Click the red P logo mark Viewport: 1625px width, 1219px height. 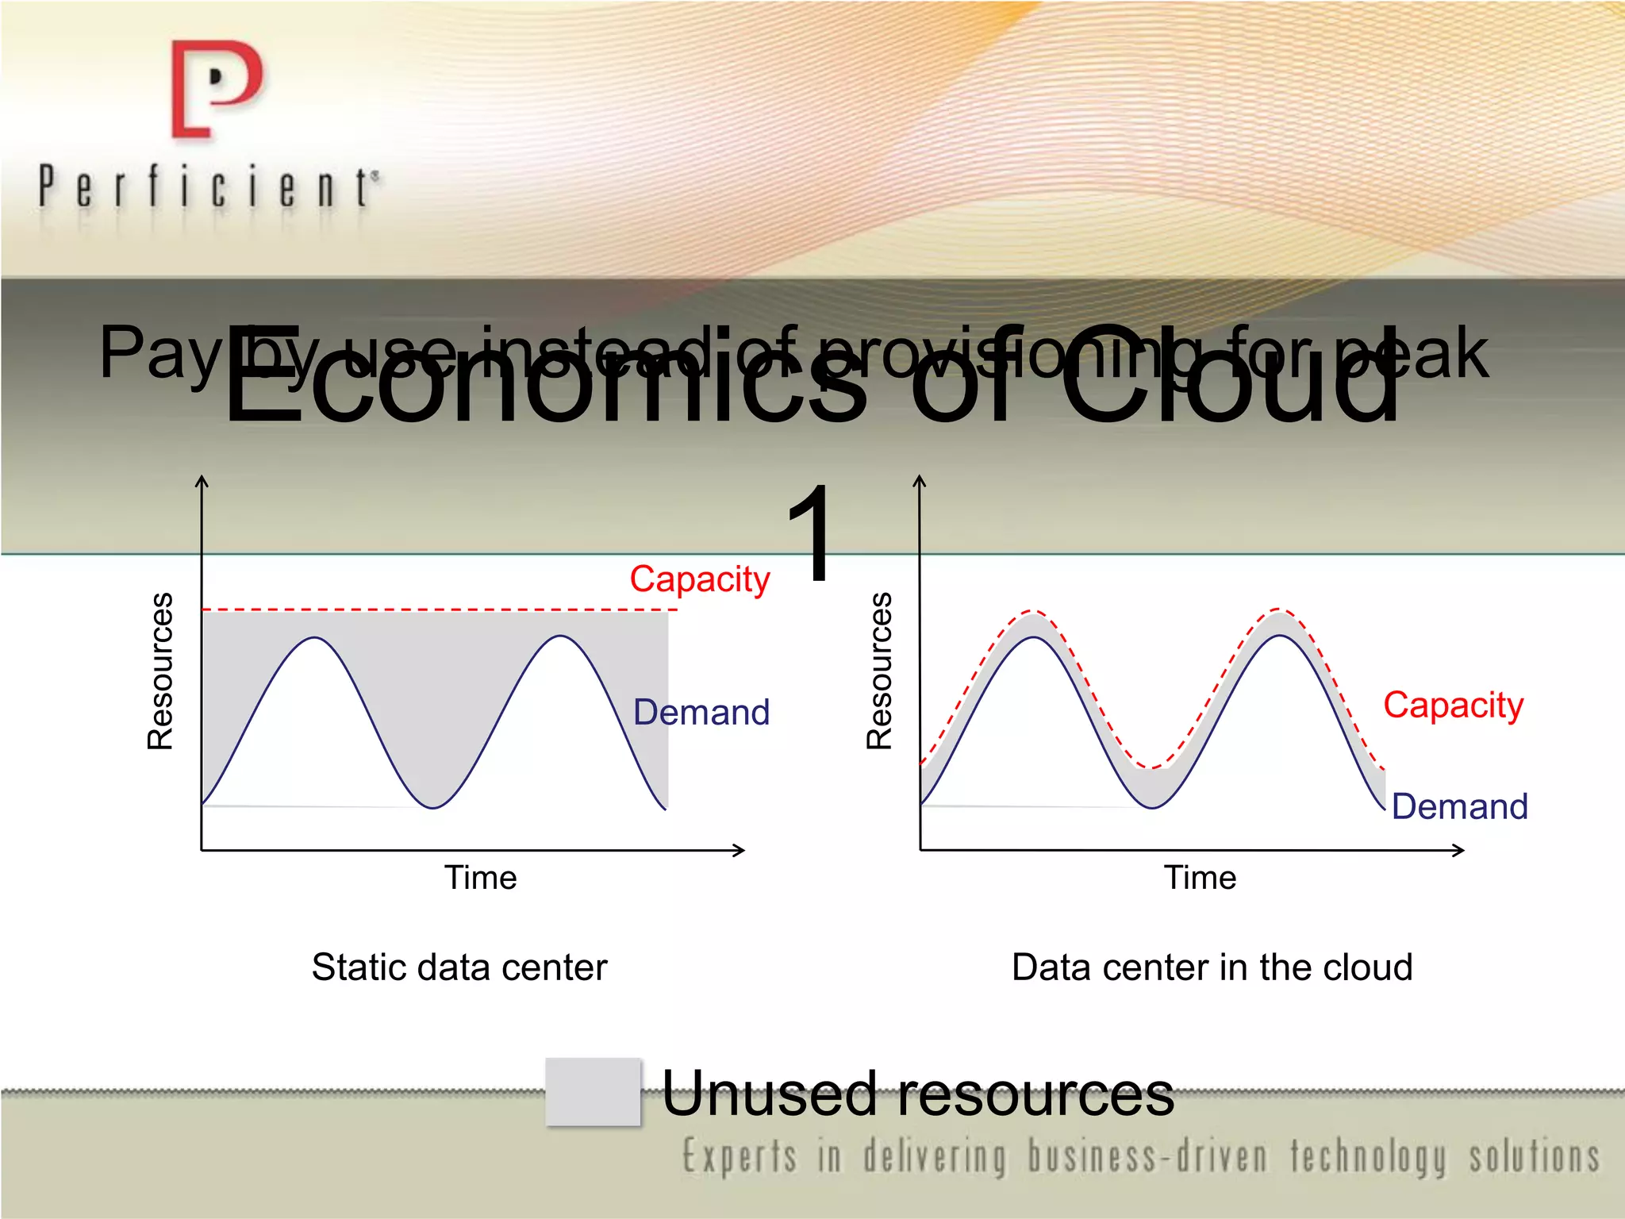(x=216, y=89)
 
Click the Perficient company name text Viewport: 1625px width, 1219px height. (x=208, y=187)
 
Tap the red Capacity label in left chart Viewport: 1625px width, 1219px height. (x=699, y=579)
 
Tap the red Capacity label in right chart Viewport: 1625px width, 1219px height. (x=1453, y=705)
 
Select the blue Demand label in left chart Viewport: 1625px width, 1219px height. (x=701, y=712)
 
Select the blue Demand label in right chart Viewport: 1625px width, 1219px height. (x=1459, y=806)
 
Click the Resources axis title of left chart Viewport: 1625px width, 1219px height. (x=160, y=671)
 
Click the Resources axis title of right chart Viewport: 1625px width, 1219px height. (x=879, y=671)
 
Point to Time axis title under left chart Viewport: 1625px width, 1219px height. (x=480, y=878)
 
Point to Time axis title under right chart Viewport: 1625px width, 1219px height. (x=1200, y=878)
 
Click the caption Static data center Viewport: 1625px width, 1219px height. (x=459, y=967)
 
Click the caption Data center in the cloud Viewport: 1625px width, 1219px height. (x=1212, y=967)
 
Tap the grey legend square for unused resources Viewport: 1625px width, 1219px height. (x=593, y=1091)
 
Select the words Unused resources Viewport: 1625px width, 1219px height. (x=917, y=1094)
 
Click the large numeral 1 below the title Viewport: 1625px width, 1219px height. (x=812, y=533)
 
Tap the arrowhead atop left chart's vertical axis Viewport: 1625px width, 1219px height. (x=202, y=480)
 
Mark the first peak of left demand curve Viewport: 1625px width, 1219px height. (x=316, y=637)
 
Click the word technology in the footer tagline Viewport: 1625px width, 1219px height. (x=1368, y=1156)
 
